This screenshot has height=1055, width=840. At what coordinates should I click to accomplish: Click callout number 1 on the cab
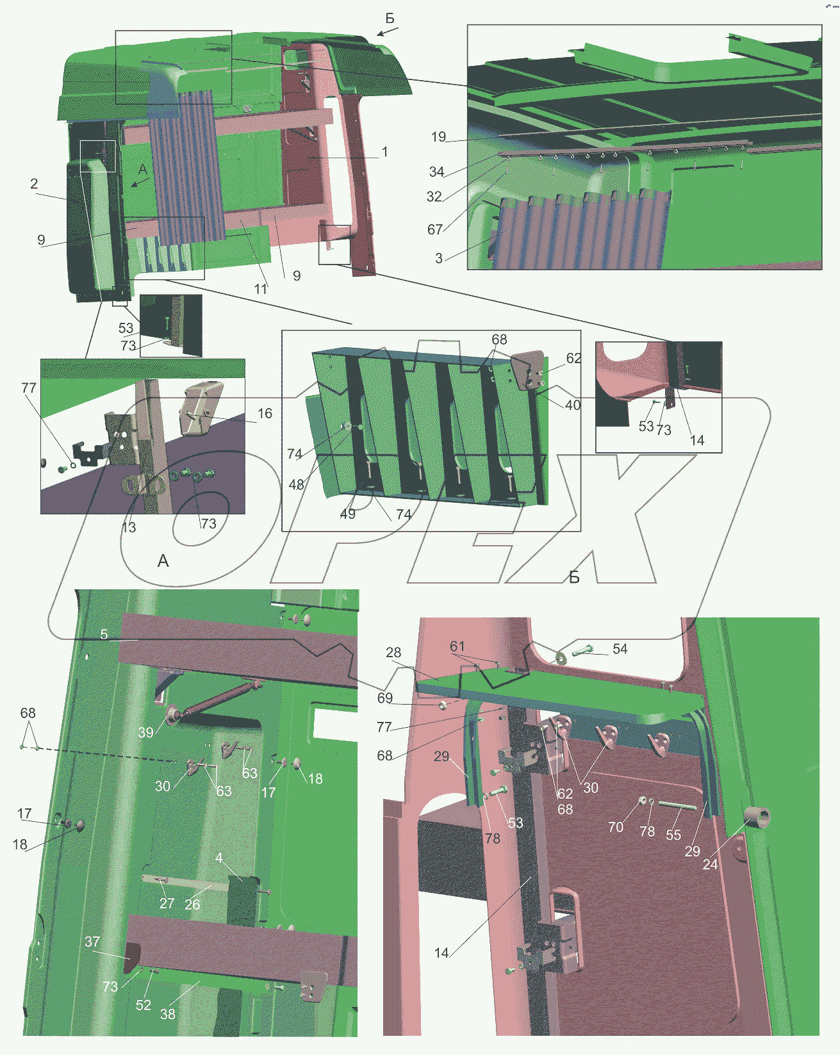tap(384, 152)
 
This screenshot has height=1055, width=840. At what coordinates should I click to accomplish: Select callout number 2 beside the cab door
tap(34, 184)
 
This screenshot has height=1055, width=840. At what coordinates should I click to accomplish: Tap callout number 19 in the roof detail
tap(438, 136)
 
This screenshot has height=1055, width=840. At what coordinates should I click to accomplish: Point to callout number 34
tap(436, 172)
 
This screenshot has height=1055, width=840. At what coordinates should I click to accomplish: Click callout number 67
tap(435, 229)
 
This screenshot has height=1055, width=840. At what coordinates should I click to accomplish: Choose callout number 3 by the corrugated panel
tap(439, 259)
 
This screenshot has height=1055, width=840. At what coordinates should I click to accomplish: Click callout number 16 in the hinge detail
tap(265, 413)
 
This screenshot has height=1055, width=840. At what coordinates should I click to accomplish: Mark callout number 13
tap(129, 527)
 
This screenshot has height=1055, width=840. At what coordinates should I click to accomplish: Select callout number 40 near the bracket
tap(573, 405)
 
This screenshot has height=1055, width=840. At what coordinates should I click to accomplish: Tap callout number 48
tap(296, 485)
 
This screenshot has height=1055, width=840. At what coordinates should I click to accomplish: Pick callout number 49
tap(347, 514)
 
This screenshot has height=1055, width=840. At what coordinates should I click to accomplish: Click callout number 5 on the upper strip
tap(104, 634)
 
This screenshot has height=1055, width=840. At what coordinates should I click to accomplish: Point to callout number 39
tap(145, 733)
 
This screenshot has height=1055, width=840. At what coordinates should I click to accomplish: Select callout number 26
tap(192, 904)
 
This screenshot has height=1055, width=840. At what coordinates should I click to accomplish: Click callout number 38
tap(168, 1014)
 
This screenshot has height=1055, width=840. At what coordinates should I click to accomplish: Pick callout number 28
tap(393, 652)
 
